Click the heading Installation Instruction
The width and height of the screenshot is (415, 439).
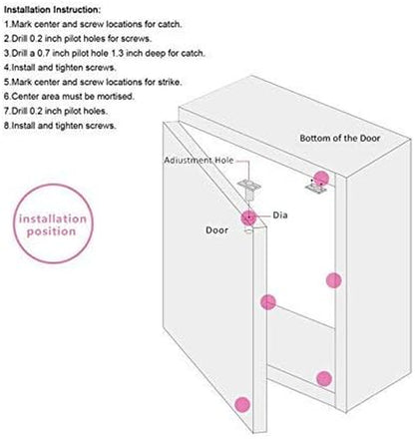tap(52, 10)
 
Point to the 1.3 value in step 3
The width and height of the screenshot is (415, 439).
tap(118, 53)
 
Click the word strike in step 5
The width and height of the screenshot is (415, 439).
tap(171, 82)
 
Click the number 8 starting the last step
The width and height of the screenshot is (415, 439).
tap(6, 126)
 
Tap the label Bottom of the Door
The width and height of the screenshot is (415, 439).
tap(340, 138)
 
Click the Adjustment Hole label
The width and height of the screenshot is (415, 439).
tap(199, 161)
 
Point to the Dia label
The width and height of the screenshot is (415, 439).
tap(280, 216)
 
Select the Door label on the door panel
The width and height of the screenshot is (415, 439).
tap(216, 230)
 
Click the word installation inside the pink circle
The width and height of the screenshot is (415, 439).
tap(53, 219)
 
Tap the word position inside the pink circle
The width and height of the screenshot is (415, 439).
tap(51, 231)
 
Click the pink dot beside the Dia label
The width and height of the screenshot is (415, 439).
tap(248, 218)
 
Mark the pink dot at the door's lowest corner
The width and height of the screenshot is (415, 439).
tap(242, 404)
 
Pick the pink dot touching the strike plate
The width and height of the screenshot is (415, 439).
tap(321, 179)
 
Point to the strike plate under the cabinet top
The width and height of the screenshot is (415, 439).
tap(316, 189)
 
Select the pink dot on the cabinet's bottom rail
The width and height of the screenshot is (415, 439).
tap(324, 378)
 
